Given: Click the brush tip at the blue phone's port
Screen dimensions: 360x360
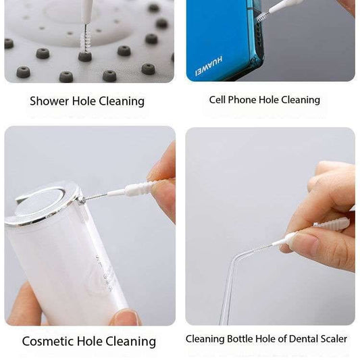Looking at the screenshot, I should click(x=263, y=15).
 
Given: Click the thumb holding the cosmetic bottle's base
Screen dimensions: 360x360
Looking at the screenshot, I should click(x=125, y=316).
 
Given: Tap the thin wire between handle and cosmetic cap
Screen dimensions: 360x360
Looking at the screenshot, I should click(x=95, y=197).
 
